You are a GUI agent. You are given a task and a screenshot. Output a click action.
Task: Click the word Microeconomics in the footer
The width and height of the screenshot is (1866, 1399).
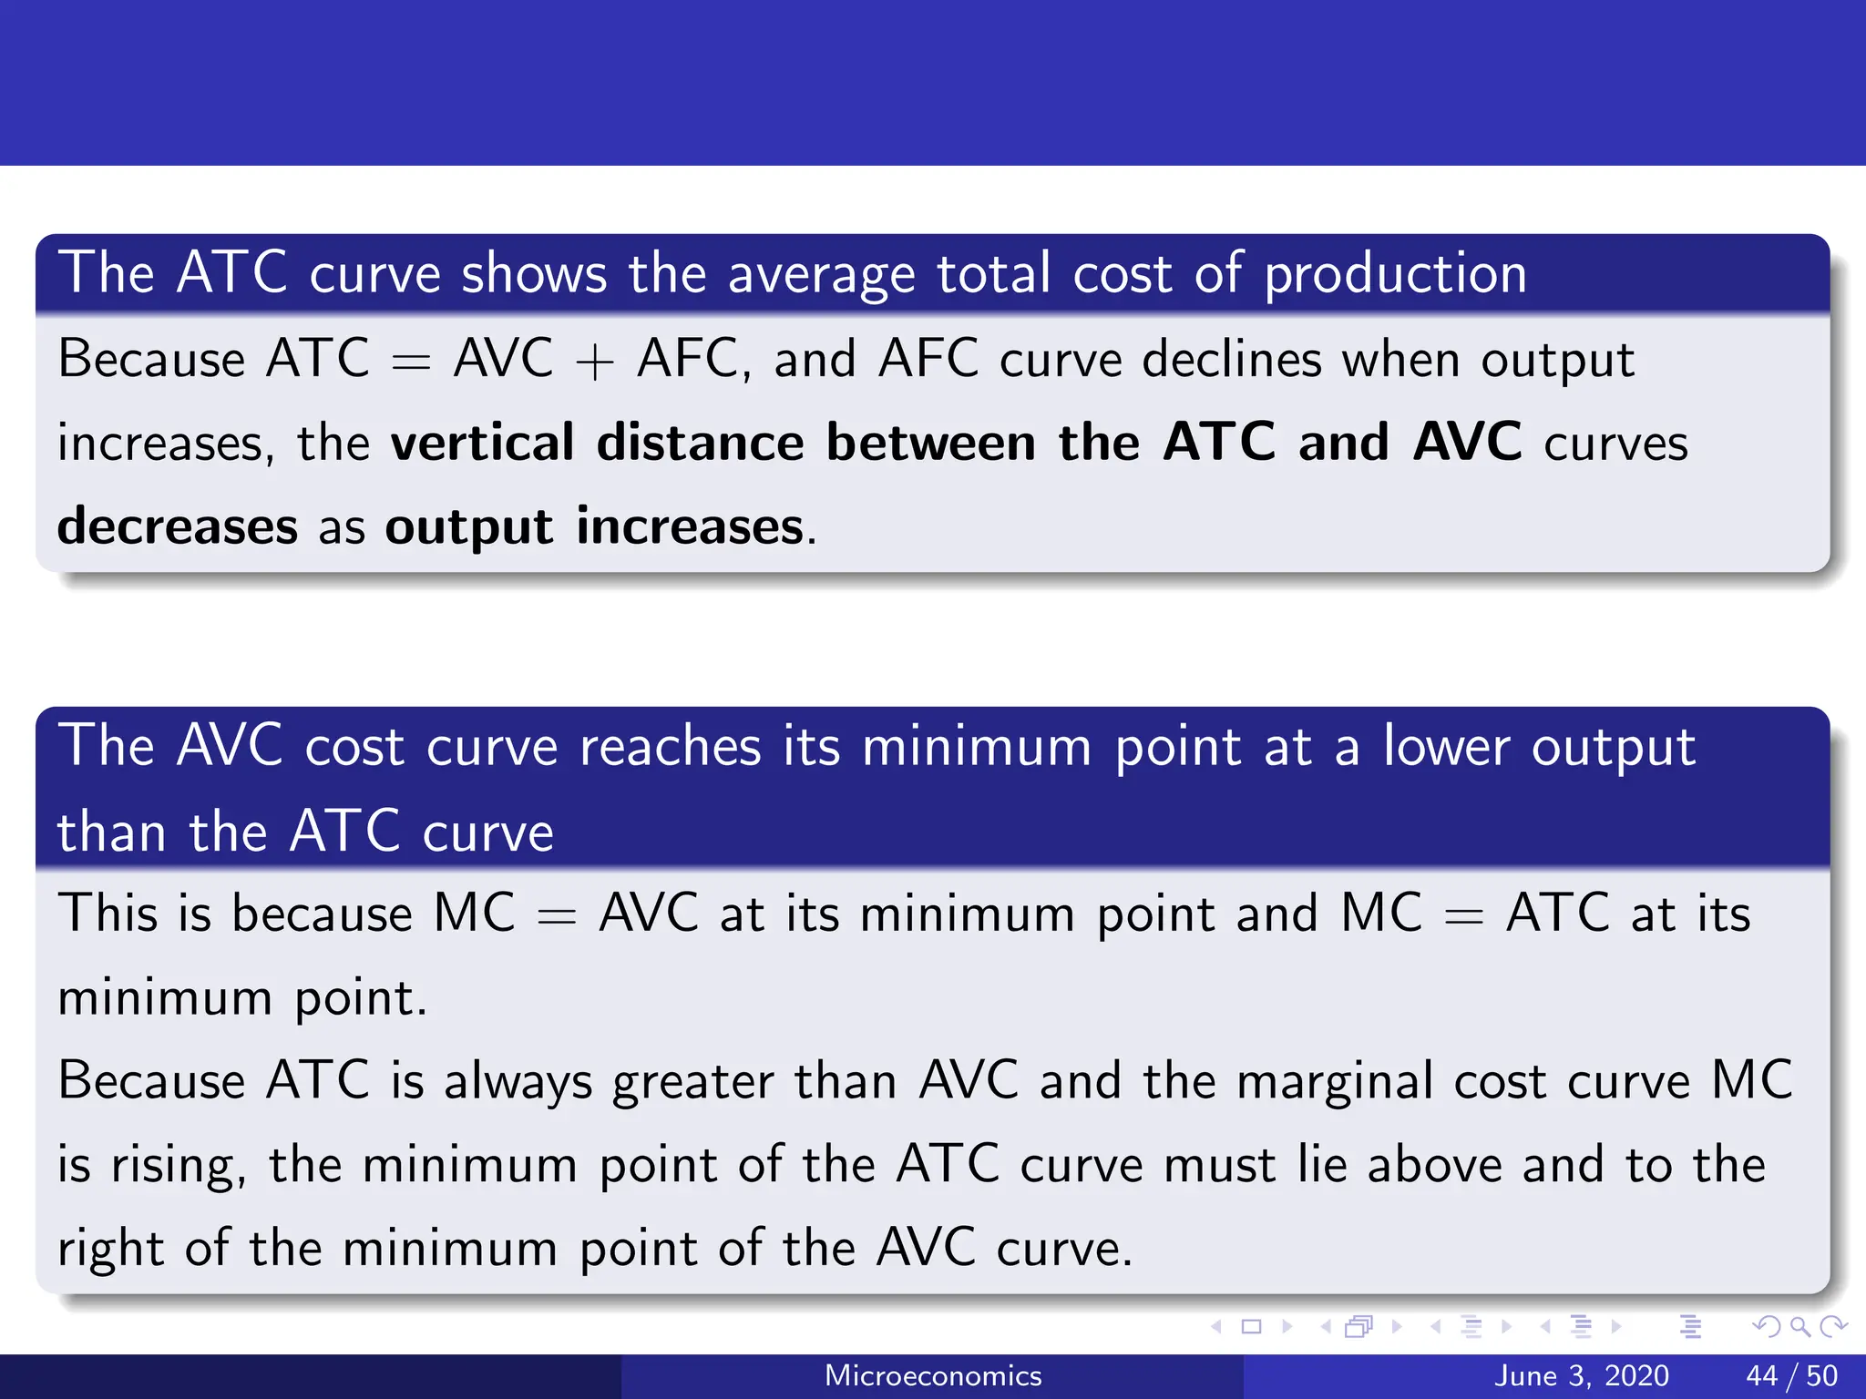click(x=933, y=1375)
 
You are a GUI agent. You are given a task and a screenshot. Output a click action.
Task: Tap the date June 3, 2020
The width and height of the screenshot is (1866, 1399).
click(x=1581, y=1375)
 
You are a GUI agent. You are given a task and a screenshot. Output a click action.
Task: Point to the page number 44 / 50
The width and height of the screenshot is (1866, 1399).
click(x=1791, y=1375)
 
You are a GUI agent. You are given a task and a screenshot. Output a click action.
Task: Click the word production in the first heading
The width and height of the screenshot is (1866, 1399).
click(x=1395, y=274)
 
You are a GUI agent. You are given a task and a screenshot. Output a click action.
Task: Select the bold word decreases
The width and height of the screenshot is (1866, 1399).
click(x=178, y=526)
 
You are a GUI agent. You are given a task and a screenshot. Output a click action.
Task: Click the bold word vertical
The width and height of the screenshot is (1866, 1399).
click(x=483, y=443)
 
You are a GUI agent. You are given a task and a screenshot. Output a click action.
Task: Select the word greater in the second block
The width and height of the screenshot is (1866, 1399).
click(x=692, y=1082)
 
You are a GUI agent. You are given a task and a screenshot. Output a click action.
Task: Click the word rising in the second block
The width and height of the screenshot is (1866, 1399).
click(x=177, y=1166)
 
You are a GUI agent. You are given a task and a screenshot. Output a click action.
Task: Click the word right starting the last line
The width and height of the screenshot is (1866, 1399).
click(x=110, y=1250)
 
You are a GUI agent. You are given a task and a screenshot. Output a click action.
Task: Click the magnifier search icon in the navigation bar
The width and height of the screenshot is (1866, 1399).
click(x=1799, y=1326)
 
